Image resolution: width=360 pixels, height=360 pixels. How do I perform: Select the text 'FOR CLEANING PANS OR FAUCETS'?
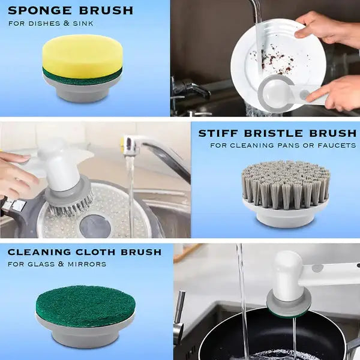point(283,146)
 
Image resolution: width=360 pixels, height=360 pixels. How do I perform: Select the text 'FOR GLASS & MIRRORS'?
point(57,264)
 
